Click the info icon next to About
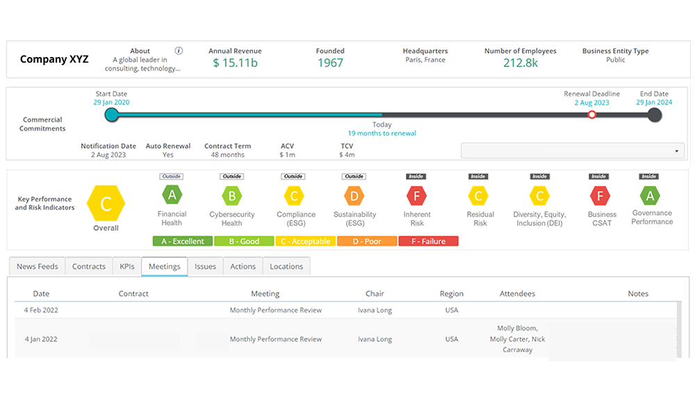tap(179, 51)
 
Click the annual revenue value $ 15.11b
tap(235, 63)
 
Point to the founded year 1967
tap(330, 63)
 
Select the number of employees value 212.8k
tap(521, 63)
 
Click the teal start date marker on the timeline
tap(111, 115)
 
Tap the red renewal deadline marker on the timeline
tap(591, 115)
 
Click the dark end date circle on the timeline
tap(653, 115)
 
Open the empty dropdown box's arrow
tap(676, 151)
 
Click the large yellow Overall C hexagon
tap(106, 203)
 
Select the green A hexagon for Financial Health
tap(171, 195)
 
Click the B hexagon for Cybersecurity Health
tap(231, 195)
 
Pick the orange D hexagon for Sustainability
tap(354, 195)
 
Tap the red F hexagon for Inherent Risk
tap(417, 195)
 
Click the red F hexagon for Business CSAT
tap(601, 195)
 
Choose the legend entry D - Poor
tap(367, 241)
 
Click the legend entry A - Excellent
tap(182, 241)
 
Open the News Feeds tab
tap(36, 266)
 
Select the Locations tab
tap(286, 266)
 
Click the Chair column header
tap(375, 293)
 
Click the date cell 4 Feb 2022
tap(41, 310)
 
